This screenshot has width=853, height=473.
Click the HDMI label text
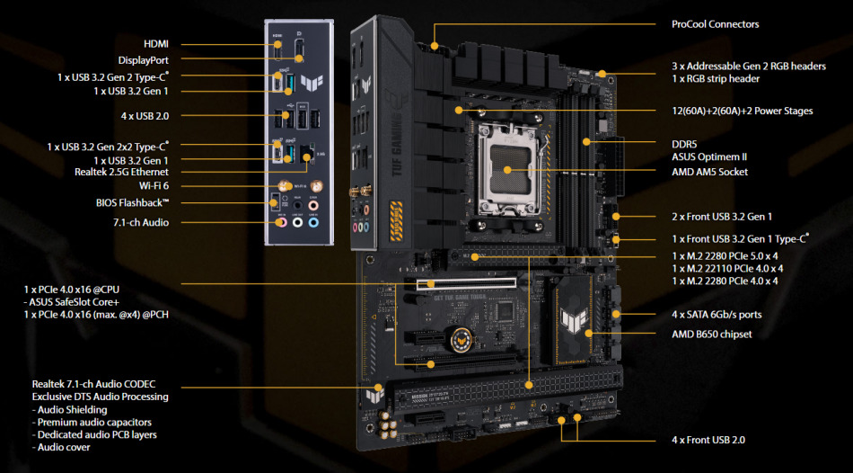pyautogui.click(x=156, y=44)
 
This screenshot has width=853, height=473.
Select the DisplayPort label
pyautogui.click(x=144, y=60)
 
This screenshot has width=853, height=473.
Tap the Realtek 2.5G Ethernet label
pyautogui.click(x=121, y=172)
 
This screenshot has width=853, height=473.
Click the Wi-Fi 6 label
pyautogui.click(x=154, y=186)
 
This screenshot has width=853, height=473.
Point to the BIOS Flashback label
pyautogui.click(x=133, y=202)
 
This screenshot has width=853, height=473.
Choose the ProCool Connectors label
pyautogui.click(x=716, y=24)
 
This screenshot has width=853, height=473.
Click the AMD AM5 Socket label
pyautogui.click(x=710, y=172)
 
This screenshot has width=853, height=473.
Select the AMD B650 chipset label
pyautogui.click(x=711, y=334)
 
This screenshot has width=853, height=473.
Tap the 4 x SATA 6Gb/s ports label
pyautogui.click(x=717, y=315)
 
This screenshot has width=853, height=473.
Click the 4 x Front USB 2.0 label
pyautogui.click(x=708, y=441)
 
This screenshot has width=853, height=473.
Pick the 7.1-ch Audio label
pyautogui.click(x=141, y=222)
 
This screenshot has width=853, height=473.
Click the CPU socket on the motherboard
pyautogui.click(x=508, y=170)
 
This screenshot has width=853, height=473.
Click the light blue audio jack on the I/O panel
pyautogui.click(x=312, y=222)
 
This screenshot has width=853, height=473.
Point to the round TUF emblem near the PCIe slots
pyautogui.click(x=458, y=341)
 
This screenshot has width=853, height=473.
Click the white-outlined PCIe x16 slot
pyautogui.click(x=466, y=283)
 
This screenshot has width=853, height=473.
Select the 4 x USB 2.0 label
pyautogui.click(x=145, y=116)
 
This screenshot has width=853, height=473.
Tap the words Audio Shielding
pyautogui.click(x=73, y=410)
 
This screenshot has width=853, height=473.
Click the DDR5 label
pyautogui.click(x=684, y=145)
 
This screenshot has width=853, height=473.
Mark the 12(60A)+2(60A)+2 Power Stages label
pyautogui.click(x=742, y=112)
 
